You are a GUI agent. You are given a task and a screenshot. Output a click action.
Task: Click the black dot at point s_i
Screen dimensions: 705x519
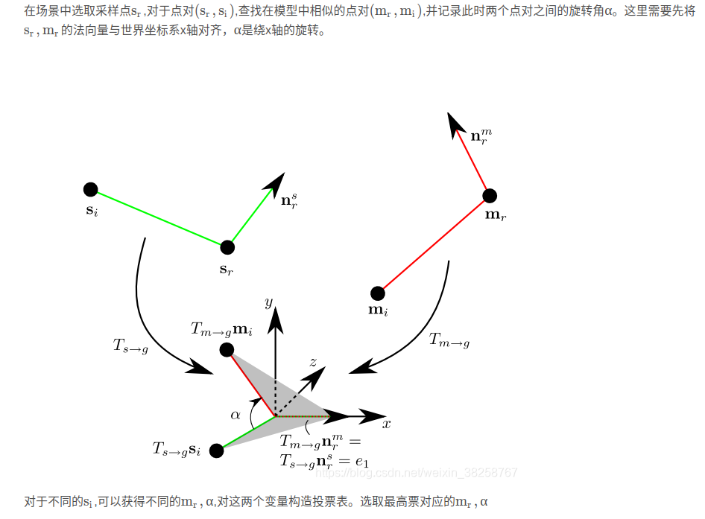pos(90,189)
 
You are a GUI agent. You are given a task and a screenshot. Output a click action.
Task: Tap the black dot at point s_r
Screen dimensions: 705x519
pos(227,247)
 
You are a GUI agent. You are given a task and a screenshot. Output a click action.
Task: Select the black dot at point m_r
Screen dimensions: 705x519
pos(490,196)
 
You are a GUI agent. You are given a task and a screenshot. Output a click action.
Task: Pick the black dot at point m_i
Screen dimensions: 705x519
pos(378,293)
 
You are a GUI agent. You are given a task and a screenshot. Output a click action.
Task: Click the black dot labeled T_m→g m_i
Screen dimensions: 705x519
pos(227,349)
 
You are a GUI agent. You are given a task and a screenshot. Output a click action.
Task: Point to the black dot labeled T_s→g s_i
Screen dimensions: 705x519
pos(217,450)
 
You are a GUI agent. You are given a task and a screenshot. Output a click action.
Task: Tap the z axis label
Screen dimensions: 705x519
pos(313,362)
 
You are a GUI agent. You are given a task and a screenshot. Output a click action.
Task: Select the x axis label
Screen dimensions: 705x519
pos(386,424)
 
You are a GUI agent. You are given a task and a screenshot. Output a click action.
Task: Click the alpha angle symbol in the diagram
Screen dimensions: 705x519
pos(235,415)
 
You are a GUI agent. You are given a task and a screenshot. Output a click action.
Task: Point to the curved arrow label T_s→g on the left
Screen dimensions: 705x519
pos(130,346)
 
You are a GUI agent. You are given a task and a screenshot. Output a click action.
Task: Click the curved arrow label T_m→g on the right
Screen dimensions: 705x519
pos(449,340)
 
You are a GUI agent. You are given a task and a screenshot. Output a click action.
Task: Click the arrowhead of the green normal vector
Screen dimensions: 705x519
pos(279,179)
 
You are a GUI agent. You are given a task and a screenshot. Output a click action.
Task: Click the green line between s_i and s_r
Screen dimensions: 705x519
pos(159,218)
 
